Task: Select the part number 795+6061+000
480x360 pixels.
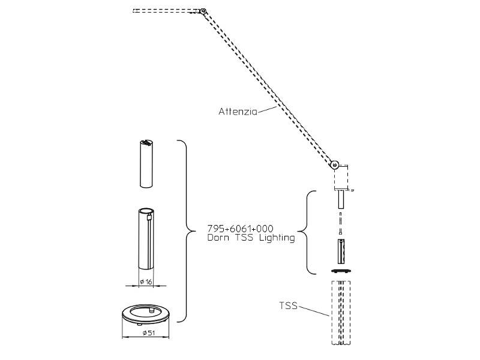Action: pyautogui.click(x=240, y=229)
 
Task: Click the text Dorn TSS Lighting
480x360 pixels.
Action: pyautogui.click(x=251, y=238)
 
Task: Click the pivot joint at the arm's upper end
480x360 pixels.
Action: pyautogui.click(x=203, y=11)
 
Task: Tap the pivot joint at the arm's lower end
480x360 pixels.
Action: pyautogui.click(x=336, y=164)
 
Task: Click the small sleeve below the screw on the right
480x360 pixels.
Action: pyautogui.click(x=341, y=251)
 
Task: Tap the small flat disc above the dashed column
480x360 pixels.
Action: pyautogui.click(x=341, y=271)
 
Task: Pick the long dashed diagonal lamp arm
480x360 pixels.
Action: pyautogui.click(x=270, y=89)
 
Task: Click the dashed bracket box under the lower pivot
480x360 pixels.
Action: pyautogui.click(x=341, y=178)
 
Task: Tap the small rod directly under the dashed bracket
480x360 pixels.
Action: pyautogui.click(x=341, y=199)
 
